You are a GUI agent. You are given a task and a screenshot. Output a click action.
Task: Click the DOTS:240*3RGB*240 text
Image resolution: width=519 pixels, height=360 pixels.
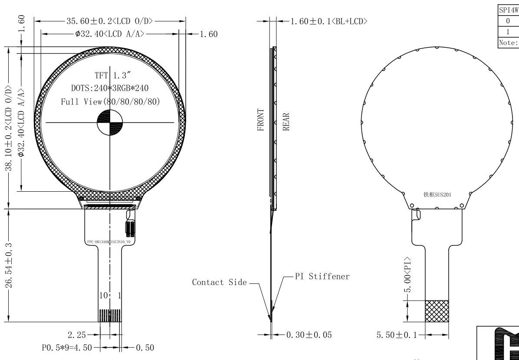(110, 88)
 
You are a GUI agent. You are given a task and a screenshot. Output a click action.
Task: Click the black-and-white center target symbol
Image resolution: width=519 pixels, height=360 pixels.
(110, 123)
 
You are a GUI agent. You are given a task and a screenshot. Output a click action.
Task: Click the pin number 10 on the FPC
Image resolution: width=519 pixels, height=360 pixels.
(102, 296)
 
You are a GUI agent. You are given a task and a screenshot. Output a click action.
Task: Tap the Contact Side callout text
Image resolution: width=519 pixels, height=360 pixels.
(219, 282)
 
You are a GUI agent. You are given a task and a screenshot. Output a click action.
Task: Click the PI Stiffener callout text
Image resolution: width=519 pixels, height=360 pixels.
(322, 277)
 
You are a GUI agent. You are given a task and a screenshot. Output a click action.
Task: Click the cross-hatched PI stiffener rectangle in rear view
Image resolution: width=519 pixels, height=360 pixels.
(437, 311)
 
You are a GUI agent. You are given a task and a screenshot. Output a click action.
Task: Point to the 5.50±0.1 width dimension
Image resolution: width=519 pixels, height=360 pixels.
(397, 335)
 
